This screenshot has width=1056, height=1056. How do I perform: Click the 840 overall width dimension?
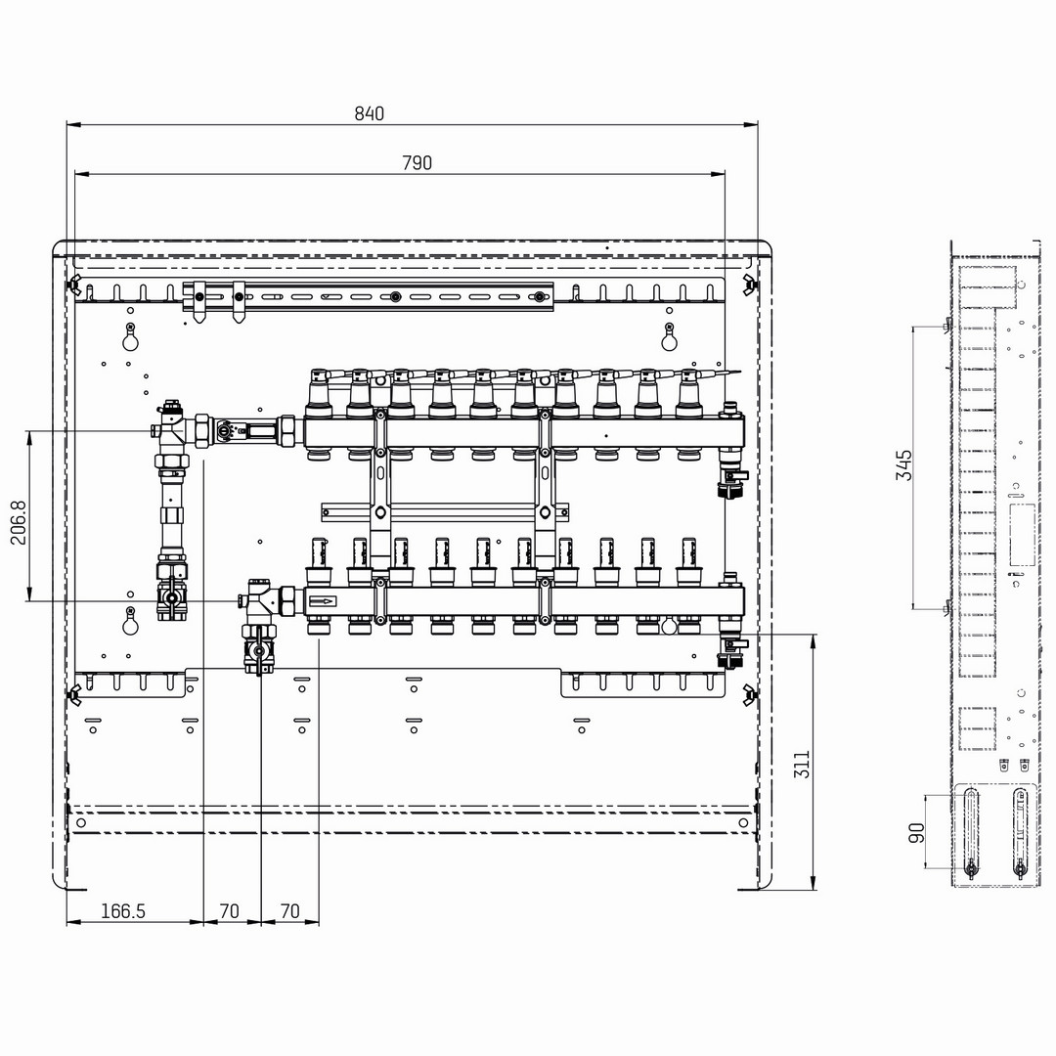tap(369, 113)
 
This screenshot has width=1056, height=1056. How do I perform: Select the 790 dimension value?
tap(417, 163)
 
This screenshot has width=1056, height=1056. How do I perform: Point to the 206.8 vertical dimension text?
tap(19, 522)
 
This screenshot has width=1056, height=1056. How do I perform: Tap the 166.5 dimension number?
tap(122, 911)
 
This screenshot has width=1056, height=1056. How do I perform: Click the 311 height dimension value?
tap(802, 765)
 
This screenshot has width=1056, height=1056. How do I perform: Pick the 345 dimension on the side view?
tap(903, 465)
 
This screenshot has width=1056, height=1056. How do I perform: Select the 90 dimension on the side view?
tap(916, 832)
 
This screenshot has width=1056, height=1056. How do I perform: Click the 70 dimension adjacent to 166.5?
tap(230, 911)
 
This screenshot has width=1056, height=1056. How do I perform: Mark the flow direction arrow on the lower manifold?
tap(322, 600)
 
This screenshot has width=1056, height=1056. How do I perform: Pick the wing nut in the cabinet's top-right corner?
tap(748, 284)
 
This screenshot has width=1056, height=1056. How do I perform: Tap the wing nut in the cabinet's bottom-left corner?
tap(73, 694)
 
